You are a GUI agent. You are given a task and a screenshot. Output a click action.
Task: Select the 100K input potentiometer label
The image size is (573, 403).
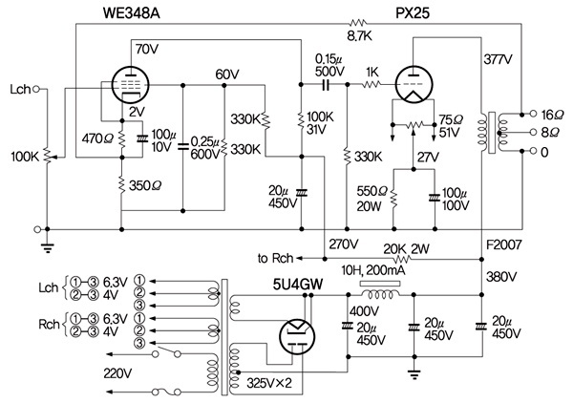pos(23,155)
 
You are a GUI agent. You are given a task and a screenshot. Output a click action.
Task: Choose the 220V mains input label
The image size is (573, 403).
pos(117,371)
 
